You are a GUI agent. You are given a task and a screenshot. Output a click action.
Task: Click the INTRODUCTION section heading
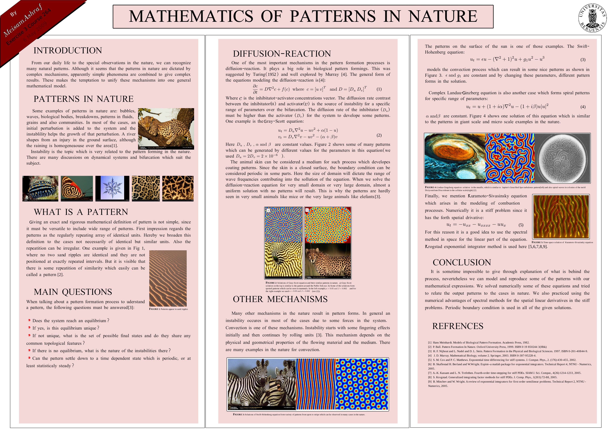pyautogui.click(x=68, y=50)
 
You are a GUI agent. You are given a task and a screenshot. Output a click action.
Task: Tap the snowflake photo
pyautogui.click(x=112, y=188)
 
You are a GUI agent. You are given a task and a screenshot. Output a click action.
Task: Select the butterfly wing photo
pyautogui.click(x=77, y=188)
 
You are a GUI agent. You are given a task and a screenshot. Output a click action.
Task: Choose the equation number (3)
pyautogui.click(x=583, y=60)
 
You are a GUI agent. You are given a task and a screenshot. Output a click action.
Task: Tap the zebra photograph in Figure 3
pyautogui.click(x=261, y=384)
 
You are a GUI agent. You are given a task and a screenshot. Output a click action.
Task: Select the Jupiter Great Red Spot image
pyautogui.click(x=455, y=158)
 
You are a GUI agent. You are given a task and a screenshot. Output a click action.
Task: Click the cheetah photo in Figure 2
pyautogui.click(x=328, y=261)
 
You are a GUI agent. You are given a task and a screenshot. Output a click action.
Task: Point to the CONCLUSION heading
pyautogui.click(x=462, y=262)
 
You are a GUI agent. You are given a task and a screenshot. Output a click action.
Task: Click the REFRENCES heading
pyautogui.click(x=458, y=326)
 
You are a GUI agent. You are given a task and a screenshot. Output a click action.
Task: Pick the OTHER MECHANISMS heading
pyautogui.click(x=280, y=299)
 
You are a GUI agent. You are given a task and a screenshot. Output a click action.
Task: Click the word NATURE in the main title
pyautogui.click(x=442, y=16)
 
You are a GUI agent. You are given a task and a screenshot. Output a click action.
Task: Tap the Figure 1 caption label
pyautogui.click(x=168, y=309)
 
